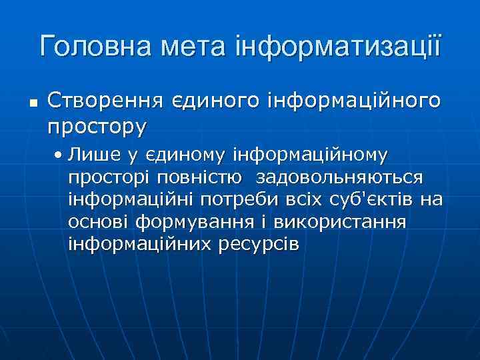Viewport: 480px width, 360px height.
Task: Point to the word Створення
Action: (x=106, y=101)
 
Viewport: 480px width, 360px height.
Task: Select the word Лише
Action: (x=89, y=155)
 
